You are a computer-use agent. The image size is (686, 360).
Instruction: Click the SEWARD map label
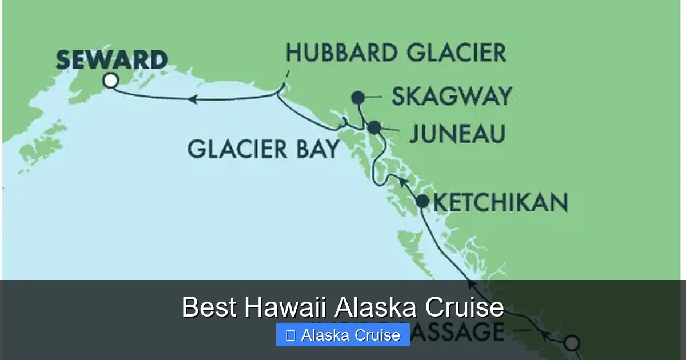coord(112,59)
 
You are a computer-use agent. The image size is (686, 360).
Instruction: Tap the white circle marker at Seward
coord(111,81)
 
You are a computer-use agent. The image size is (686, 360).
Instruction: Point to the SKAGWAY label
coord(451,97)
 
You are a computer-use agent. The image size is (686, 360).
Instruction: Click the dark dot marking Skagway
coord(358,97)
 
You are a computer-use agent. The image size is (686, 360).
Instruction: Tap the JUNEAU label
coord(457,134)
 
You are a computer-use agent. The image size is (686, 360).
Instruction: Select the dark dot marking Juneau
coord(374,127)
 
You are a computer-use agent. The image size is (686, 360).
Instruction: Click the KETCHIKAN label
coord(500,202)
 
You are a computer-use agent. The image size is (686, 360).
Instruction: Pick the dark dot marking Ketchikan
coord(422,201)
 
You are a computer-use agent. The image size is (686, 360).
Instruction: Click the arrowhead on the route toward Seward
coord(193,99)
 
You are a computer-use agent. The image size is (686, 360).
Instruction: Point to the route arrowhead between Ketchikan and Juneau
coord(402,182)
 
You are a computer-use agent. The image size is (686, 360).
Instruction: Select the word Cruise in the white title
coord(464,307)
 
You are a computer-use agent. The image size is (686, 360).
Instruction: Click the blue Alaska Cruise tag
coord(342,335)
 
